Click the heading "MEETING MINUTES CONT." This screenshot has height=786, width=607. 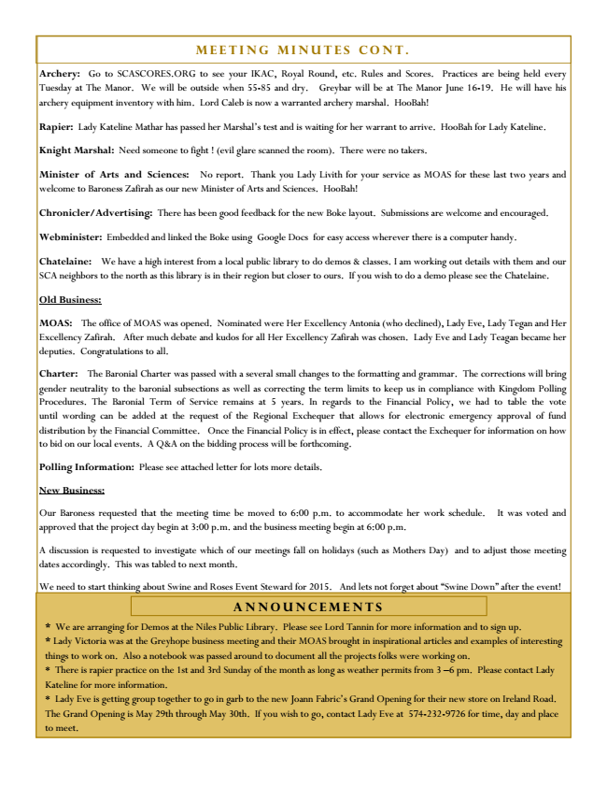click(x=303, y=49)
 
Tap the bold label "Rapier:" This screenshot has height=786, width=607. click(x=57, y=126)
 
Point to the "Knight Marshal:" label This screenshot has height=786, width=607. click(x=77, y=150)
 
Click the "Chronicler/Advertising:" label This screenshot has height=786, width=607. click(x=96, y=213)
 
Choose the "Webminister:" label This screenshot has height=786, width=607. click(x=71, y=237)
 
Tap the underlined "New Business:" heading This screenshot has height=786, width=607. click(x=73, y=490)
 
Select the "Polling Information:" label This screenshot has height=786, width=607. click(x=87, y=466)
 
